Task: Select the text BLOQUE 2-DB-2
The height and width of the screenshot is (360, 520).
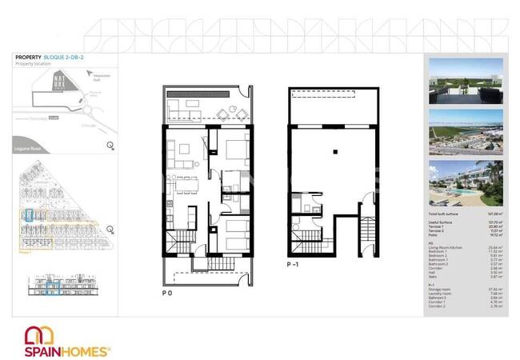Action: (67, 58)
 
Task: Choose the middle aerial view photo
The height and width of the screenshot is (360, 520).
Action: (466, 132)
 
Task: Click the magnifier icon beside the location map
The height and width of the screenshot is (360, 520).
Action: (110, 145)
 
